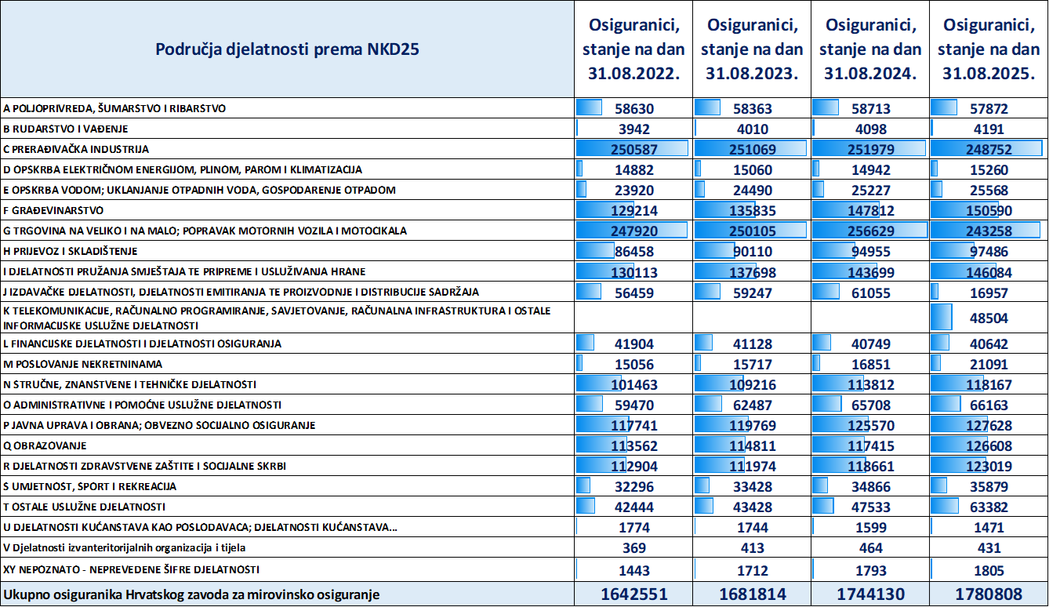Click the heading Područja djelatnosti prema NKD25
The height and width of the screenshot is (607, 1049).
287,49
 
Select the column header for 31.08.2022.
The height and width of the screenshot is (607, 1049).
633,49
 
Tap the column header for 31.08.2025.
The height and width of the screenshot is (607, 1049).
989,49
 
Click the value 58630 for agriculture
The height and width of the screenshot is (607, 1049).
634,109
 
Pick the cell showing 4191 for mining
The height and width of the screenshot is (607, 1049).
989,129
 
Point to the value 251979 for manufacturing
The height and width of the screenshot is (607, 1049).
870,150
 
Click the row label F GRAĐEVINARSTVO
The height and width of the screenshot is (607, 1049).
53,210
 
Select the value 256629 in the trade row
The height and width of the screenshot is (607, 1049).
870,231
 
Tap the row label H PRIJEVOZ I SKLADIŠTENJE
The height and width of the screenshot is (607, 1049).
71,251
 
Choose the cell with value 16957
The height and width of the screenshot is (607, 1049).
989,293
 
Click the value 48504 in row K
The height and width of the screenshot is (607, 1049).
989,318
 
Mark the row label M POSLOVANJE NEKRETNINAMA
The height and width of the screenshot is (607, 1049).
82,364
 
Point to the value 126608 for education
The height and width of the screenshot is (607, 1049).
989,446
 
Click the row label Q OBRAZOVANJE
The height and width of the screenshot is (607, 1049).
45,445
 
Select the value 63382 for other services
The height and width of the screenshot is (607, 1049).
989,507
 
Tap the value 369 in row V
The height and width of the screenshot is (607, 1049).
634,547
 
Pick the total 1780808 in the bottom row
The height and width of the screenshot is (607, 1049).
989,594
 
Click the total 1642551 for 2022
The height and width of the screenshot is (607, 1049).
634,594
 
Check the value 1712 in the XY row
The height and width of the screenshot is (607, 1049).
753,570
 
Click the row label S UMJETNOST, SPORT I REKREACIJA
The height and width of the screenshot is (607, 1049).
89,486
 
